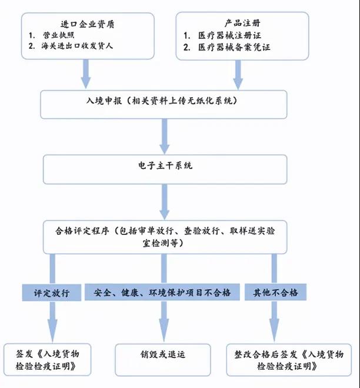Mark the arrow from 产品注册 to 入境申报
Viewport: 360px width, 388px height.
239,74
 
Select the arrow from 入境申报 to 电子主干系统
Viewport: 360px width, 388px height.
164,137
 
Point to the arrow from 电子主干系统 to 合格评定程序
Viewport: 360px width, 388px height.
164,202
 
